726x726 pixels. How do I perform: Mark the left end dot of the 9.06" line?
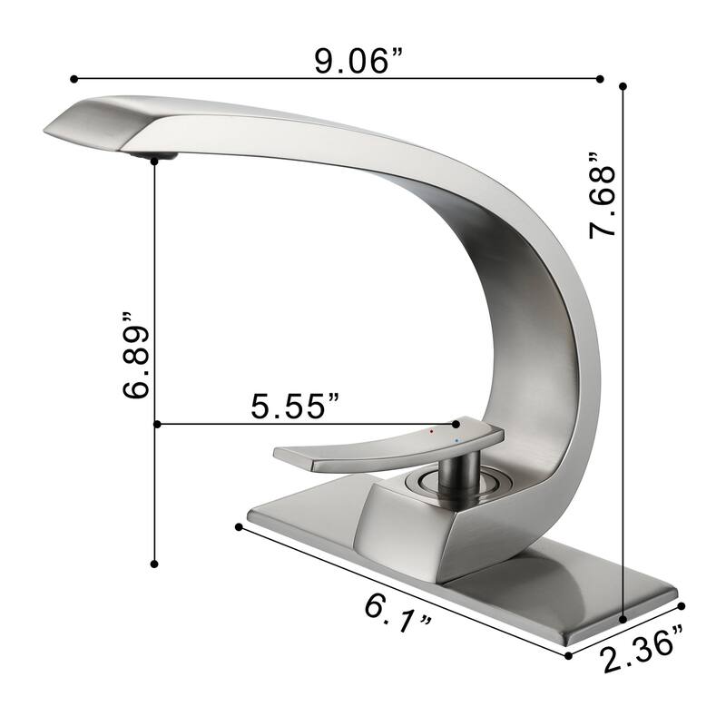click(x=72, y=79)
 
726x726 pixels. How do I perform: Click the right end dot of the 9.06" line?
click(x=600, y=79)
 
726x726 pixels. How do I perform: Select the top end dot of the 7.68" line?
click(x=623, y=86)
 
